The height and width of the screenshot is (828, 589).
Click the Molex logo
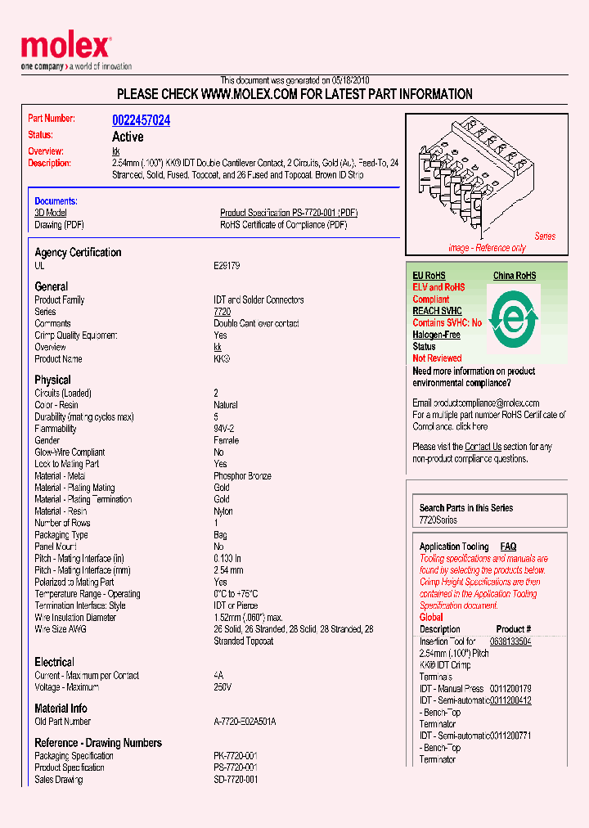click(65, 47)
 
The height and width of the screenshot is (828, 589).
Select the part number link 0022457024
click(141, 120)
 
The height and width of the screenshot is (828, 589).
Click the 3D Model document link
click(50, 213)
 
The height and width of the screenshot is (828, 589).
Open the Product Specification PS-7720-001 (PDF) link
click(289, 213)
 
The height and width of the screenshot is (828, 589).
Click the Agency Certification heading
click(78, 253)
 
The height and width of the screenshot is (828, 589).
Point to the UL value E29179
click(227, 266)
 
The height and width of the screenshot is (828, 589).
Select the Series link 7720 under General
click(222, 312)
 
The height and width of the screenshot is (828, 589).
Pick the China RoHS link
click(514, 276)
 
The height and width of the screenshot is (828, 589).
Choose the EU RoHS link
click(429, 276)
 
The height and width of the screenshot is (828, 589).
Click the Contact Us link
click(483, 447)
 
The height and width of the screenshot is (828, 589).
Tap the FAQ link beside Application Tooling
click(508, 547)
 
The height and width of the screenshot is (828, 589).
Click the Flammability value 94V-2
click(224, 429)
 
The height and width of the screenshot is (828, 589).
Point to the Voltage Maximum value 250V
click(223, 687)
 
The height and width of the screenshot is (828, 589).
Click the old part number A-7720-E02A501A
click(245, 722)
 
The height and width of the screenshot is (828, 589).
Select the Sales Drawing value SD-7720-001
click(236, 780)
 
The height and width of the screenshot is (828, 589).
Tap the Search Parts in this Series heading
click(466, 508)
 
